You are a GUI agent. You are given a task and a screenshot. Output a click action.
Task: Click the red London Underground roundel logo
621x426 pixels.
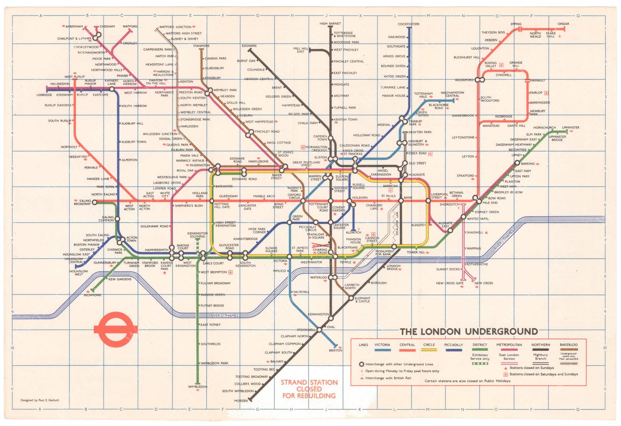coord(116,330)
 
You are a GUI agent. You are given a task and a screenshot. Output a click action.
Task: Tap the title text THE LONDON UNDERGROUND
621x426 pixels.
coord(469,332)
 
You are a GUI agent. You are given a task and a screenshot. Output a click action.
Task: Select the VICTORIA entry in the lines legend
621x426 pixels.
coord(382,345)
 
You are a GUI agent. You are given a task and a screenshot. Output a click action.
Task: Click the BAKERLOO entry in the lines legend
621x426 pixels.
coord(569,345)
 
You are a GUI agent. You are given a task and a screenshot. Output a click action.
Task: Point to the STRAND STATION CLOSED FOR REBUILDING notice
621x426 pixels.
coord(309,389)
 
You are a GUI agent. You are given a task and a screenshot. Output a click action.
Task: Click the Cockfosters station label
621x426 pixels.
coord(408,24)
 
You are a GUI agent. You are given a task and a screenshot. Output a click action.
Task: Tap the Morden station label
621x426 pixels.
coord(241,401)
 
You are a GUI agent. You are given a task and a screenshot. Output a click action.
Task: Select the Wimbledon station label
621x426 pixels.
coord(198,387)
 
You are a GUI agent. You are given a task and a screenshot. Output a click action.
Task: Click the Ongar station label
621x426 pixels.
coord(563,24)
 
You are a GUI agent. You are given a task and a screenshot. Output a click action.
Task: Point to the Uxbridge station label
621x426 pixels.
coord(44,95)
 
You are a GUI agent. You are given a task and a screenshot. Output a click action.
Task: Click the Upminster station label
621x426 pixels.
coord(571,127)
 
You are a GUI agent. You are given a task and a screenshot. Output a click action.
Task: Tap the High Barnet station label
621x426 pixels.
coord(330,23)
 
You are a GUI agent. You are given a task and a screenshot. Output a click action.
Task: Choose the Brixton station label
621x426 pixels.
coord(335,350)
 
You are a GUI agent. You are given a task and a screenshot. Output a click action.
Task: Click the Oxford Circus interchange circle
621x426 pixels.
coord(303,201)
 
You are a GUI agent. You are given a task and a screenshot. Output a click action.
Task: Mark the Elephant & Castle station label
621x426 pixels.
coord(362,300)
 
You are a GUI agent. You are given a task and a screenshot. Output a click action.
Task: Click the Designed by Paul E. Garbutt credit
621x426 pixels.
coord(40,400)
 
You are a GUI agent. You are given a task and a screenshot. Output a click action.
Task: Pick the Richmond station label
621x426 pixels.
coord(92,295)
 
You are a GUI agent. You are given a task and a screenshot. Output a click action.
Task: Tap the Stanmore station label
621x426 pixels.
coord(201,46)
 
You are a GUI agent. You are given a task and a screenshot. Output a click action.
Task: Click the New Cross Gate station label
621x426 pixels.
coord(450,283)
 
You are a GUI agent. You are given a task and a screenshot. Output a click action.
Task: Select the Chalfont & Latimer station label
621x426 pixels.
coord(74,39)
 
